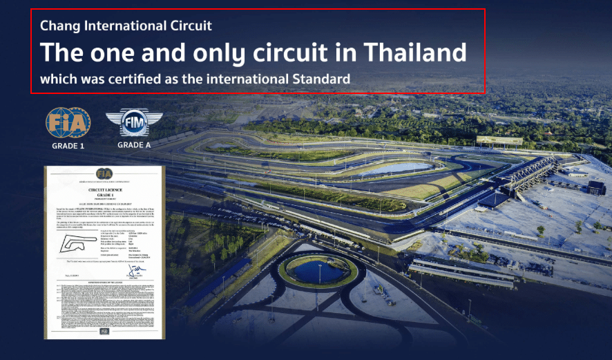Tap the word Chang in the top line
[x=57, y=26]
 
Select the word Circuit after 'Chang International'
[x=191, y=26]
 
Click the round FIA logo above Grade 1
[x=68, y=123]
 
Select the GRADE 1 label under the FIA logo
[x=68, y=146]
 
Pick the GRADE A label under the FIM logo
[x=134, y=146]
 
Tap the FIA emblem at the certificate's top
[x=104, y=173]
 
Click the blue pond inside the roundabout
[x=317, y=272]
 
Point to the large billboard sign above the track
[x=499, y=140]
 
